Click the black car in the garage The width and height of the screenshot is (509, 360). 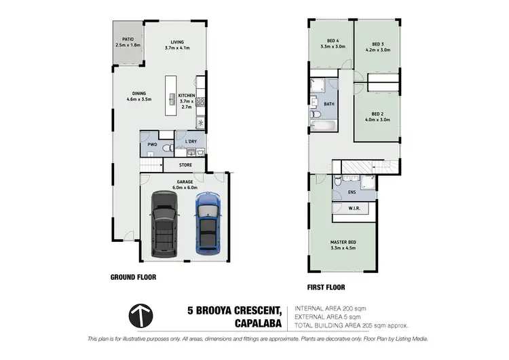coord(163,224)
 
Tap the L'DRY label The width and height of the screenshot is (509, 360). coord(191,141)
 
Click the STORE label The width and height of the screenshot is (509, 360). coord(185,164)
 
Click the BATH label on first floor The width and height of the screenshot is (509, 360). coord(329,104)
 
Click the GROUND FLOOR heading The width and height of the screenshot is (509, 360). coord(133,277)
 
